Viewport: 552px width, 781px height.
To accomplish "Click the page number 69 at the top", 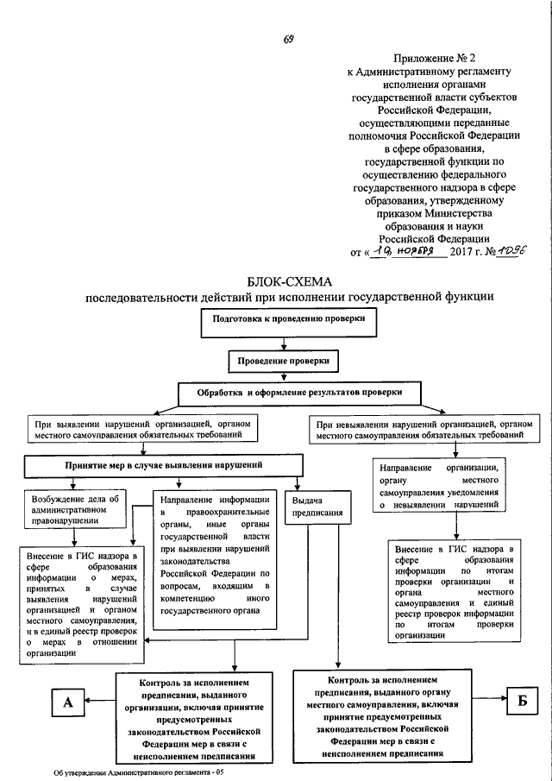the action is click(x=288, y=40).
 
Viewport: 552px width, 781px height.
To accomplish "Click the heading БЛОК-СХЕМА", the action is click(x=289, y=282).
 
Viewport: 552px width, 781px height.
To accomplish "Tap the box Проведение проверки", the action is click(x=283, y=361).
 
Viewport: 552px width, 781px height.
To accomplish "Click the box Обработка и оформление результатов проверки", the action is click(x=299, y=394).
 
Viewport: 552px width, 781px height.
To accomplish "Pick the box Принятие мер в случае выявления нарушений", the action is click(x=164, y=466).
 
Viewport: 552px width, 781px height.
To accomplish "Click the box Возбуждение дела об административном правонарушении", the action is click(x=75, y=509).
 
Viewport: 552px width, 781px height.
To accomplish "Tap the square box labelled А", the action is click(x=67, y=702).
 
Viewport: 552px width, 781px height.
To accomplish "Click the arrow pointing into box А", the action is click(x=100, y=700).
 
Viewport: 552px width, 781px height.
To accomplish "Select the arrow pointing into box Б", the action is click(x=490, y=698).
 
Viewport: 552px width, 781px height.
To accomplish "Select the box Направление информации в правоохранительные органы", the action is click(x=215, y=560).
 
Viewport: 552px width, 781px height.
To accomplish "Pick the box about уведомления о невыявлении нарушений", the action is click(x=439, y=486).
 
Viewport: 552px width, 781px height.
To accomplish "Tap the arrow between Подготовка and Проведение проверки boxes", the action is click(x=284, y=343).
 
